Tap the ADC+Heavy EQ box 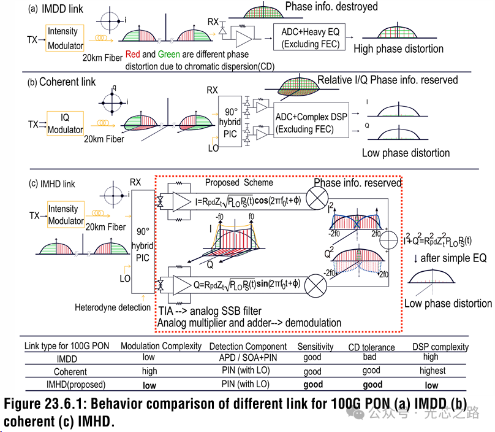(306, 38)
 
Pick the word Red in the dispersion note (134, 54)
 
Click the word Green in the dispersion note (169, 54)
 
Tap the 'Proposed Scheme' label (239, 183)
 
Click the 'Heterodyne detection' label (113, 307)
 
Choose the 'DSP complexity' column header (440, 347)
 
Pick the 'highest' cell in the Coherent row (433, 371)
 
